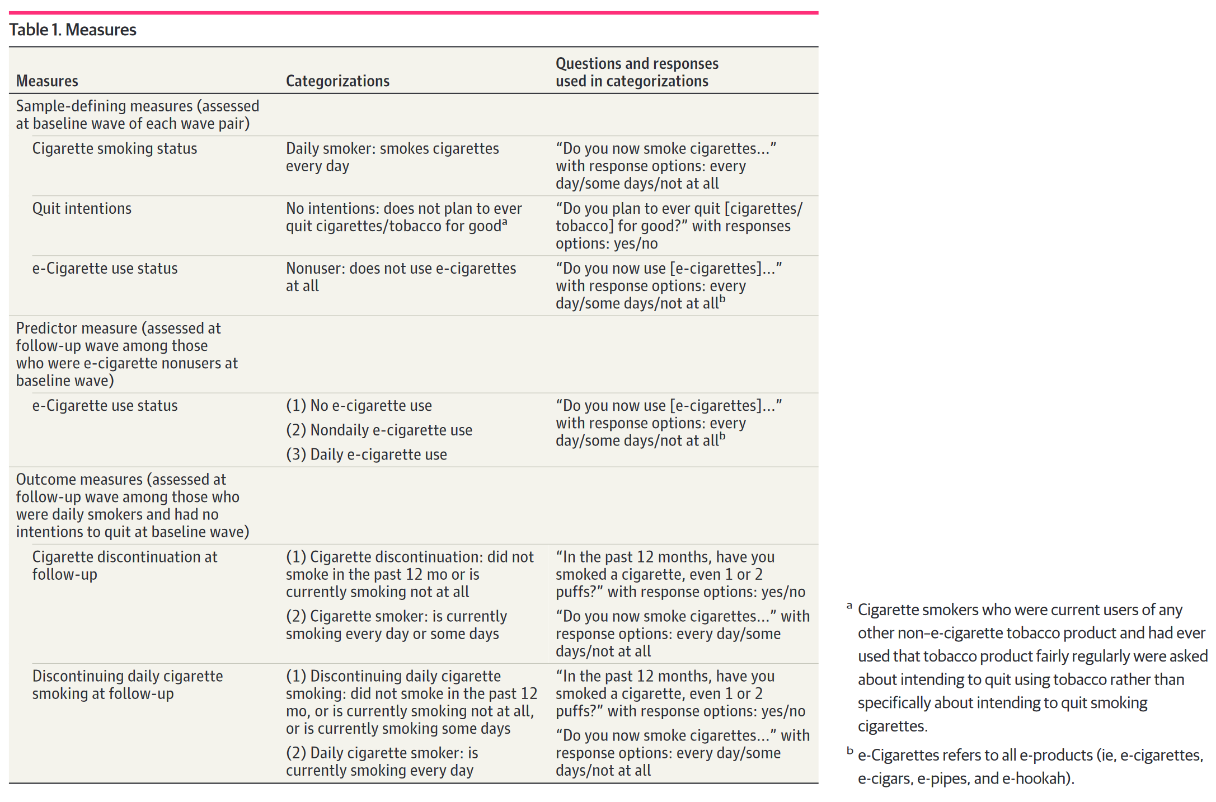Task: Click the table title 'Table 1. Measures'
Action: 73,30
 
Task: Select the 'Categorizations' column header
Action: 337,81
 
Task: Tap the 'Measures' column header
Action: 47,81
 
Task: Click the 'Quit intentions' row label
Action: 82,208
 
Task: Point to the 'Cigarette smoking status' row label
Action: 115,148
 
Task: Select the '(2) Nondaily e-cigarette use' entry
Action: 379,430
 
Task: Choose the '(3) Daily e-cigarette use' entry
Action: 367,454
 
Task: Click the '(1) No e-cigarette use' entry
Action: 359,405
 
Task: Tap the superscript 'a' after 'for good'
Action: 504,222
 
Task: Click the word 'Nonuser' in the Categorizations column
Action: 313,268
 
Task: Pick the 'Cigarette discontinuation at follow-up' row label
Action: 124,565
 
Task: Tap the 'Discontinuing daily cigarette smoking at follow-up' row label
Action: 127,684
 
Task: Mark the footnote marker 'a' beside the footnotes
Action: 849,606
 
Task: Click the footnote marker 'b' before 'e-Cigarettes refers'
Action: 850,751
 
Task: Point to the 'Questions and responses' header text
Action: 637,64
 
